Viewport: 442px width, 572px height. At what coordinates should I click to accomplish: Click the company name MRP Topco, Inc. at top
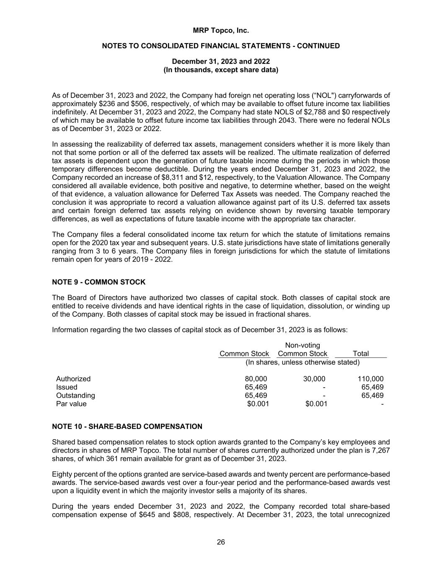[221, 31]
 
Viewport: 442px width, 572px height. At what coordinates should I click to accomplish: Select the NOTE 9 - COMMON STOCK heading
[98, 282]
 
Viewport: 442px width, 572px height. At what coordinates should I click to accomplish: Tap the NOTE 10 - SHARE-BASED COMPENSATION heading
[127, 427]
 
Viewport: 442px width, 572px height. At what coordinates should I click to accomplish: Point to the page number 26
[221, 542]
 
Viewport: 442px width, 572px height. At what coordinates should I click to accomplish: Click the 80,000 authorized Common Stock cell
[256, 379]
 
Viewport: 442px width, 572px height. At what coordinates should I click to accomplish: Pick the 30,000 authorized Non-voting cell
[314, 379]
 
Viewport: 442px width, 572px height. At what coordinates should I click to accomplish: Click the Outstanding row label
[75, 396]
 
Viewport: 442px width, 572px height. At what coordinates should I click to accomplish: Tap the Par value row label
[71, 404]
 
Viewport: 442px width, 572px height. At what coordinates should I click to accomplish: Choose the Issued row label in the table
[67, 387]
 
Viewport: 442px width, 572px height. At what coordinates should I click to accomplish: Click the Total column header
[361, 354]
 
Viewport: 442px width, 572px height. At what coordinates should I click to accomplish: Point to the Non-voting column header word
[302, 345]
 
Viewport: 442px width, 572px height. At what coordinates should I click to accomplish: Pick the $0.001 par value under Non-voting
[316, 404]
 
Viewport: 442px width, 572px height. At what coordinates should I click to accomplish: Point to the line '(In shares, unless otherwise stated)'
[302, 362]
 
